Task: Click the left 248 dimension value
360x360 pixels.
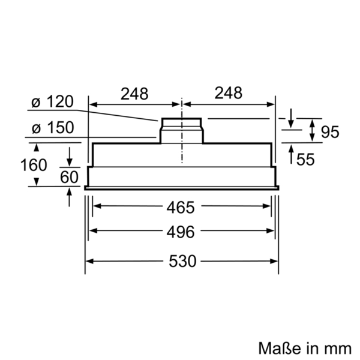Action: [x=134, y=94]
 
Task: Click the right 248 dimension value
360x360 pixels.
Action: [x=229, y=93]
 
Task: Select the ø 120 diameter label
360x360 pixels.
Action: [x=53, y=101]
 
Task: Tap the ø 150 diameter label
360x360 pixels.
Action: [x=53, y=127]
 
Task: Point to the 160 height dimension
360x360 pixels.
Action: [x=34, y=165]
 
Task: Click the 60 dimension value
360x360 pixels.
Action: [x=69, y=177]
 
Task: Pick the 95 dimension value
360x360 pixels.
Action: [x=330, y=132]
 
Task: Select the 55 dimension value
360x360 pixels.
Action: [x=305, y=159]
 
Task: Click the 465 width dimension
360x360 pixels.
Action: [x=181, y=208]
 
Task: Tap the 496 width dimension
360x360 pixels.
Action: [x=181, y=232]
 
